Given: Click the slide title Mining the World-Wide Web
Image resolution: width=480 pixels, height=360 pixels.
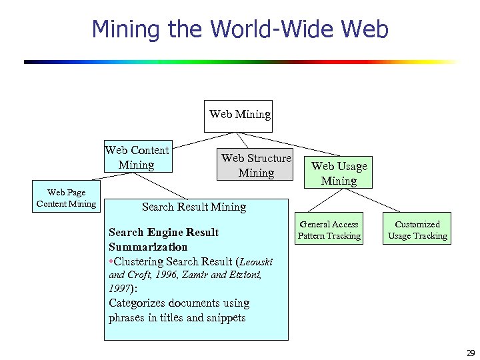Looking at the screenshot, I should tap(240, 29).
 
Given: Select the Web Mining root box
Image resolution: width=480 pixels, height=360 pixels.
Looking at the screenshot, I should tap(240, 115).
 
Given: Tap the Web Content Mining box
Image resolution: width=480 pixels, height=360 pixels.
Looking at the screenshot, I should tap(137, 157).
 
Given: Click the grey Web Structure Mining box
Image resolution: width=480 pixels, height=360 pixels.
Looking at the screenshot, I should tap(256, 165).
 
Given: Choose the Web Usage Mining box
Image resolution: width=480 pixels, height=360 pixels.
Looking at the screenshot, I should tap(339, 173).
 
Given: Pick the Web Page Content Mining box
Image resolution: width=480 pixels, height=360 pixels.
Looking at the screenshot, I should tap(66, 198).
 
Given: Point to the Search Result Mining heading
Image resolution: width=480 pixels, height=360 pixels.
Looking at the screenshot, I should tap(194, 207).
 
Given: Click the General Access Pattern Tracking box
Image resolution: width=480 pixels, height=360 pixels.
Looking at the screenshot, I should tap(329, 230).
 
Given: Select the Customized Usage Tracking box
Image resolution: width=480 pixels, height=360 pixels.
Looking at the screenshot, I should tap(417, 230).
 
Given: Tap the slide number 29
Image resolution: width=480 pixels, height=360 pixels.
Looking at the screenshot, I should tap(469, 353).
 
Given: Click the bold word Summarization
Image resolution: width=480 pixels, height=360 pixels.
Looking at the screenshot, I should tap(148, 247).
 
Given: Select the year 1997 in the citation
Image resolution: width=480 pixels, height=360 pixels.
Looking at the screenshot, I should tap(120, 289).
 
